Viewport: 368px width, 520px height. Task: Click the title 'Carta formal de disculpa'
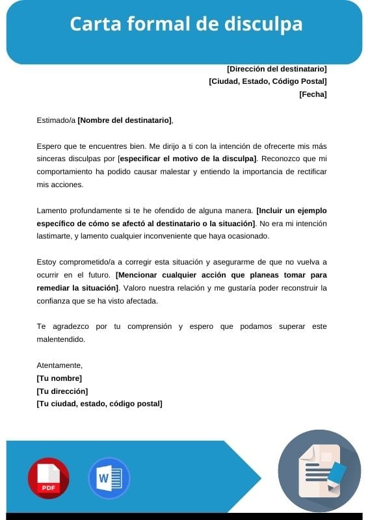(186, 25)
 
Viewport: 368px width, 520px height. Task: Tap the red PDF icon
(48, 478)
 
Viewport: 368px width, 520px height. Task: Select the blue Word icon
(109, 478)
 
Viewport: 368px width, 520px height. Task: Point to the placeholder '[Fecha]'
(313, 94)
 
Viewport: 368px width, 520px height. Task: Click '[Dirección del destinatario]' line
(276, 68)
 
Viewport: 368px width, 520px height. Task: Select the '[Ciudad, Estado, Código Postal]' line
(267, 81)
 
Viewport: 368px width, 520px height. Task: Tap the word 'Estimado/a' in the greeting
(56, 120)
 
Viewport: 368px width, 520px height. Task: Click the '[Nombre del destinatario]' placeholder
(125, 120)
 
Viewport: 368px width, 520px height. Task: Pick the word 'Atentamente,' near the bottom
(60, 365)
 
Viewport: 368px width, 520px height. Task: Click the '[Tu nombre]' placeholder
(59, 378)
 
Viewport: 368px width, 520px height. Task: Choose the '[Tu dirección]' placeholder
(62, 391)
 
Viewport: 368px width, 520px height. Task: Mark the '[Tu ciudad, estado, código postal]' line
(99, 404)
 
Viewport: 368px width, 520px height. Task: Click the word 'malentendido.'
(61, 339)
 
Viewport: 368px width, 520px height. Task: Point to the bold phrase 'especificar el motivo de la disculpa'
(188, 159)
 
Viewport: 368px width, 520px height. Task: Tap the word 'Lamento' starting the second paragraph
(52, 211)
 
